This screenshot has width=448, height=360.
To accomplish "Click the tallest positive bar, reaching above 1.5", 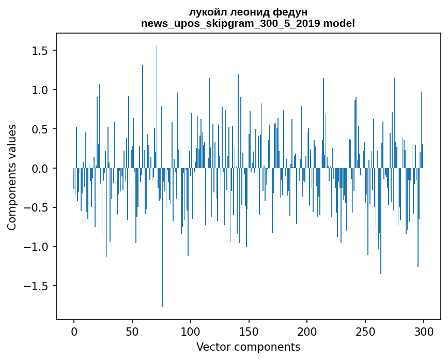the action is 157,107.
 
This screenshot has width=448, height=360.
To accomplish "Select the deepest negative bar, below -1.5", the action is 163,237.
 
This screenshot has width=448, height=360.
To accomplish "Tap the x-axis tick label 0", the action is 74,332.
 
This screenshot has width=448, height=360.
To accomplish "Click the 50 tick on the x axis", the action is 132,332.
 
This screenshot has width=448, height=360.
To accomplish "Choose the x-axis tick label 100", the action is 190,332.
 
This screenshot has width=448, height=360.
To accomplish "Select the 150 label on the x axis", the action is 249,332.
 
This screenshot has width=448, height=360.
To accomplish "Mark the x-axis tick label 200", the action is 307,332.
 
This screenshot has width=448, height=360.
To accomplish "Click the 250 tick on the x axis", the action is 365,332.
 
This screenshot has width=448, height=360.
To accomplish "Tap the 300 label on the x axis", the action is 423,332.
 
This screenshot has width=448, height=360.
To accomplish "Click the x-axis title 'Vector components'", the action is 248,347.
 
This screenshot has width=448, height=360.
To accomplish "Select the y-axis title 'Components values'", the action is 12,177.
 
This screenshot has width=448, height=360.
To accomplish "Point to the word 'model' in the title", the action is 339,23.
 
